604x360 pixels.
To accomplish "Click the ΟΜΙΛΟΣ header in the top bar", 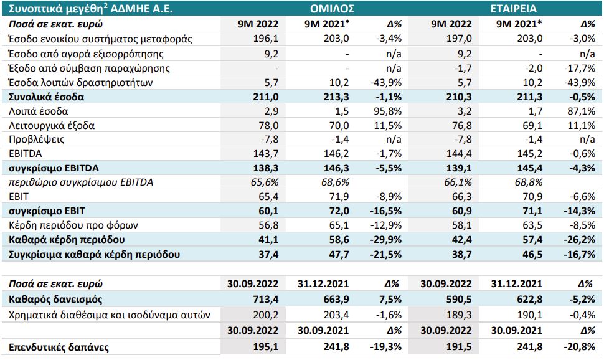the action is coord(332,9).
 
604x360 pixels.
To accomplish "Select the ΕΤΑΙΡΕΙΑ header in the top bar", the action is coord(514,9).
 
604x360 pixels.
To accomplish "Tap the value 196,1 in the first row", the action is coord(266,39).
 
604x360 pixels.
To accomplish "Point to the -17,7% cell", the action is coord(580,69).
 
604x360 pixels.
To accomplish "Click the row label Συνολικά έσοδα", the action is coord(46,97).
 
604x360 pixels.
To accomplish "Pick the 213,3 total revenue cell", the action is coord(336,97).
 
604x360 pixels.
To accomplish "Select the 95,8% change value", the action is coord(387,111).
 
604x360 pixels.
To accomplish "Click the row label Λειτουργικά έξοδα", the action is coord(52,125).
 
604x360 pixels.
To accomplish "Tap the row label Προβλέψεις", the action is coord(37,139).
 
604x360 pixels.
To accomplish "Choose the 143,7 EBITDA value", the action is coord(266,153).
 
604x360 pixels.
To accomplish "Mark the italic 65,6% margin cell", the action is coord(265,182).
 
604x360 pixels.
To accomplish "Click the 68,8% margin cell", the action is coord(529,182).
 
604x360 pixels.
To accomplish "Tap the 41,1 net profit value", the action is coord(268,239).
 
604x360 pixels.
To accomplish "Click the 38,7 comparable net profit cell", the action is coord(461,254).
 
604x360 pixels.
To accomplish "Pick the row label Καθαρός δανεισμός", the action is coord(55,299).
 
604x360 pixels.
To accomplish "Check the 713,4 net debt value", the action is coord(266,299).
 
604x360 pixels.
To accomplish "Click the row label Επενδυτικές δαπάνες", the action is coord(59,347).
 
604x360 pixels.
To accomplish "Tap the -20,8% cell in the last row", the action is coord(580,347).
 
